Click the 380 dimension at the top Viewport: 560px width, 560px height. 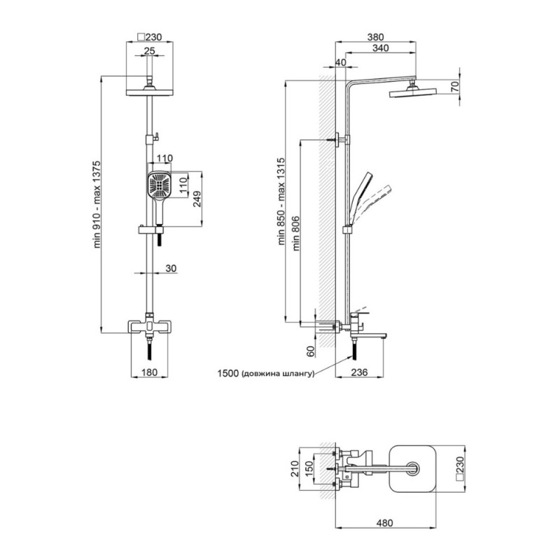[375, 37]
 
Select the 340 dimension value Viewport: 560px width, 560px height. [380, 48]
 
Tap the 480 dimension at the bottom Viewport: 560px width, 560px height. [384, 523]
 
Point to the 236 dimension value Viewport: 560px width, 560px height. [359, 372]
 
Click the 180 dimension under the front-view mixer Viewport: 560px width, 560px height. [149, 372]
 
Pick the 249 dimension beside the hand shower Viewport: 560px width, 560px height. [197, 199]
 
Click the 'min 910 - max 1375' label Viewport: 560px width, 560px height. [97, 204]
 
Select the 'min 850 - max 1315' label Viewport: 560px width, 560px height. [281, 201]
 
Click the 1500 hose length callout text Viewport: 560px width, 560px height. [266, 374]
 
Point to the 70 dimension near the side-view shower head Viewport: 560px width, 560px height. [454, 87]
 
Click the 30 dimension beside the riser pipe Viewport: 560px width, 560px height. [171, 268]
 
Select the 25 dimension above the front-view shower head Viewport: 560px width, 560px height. [150, 50]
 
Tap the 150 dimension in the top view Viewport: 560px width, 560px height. [309, 468]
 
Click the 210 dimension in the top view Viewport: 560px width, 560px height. [295, 468]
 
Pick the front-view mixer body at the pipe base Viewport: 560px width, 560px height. [150, 327]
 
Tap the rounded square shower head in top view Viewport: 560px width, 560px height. [412, 468]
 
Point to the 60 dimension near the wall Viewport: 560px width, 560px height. [311, 351]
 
